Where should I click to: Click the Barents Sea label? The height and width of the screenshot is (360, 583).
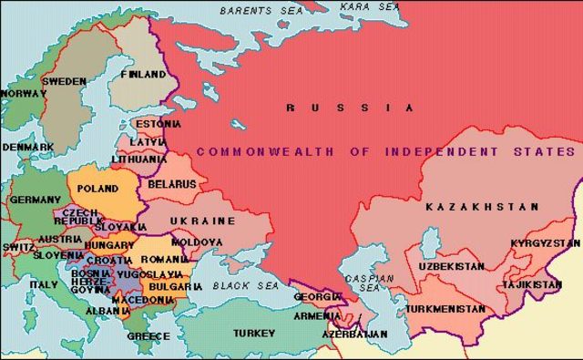[x=262, y=12]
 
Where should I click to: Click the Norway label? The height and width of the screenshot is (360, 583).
[x=24, y=93]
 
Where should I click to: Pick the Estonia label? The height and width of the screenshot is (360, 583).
[x=158, y=123]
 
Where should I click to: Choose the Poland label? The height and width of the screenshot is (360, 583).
[x=97, y=188]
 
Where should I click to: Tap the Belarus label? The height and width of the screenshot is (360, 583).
[x=171, y=183]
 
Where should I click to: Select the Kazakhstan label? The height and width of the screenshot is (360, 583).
[x=470, y=208]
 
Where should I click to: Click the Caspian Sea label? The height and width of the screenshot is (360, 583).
[x=374, y=283]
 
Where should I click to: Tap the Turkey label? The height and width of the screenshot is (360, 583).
[x=253, y=333]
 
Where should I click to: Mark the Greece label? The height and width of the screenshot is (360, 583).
[x=148, y=335]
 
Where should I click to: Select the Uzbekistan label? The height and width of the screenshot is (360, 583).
[x=451, y=266]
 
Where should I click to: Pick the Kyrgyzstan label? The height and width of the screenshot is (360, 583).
[x=544, y=243]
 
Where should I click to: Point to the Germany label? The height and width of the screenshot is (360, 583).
[x=36, y=200]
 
